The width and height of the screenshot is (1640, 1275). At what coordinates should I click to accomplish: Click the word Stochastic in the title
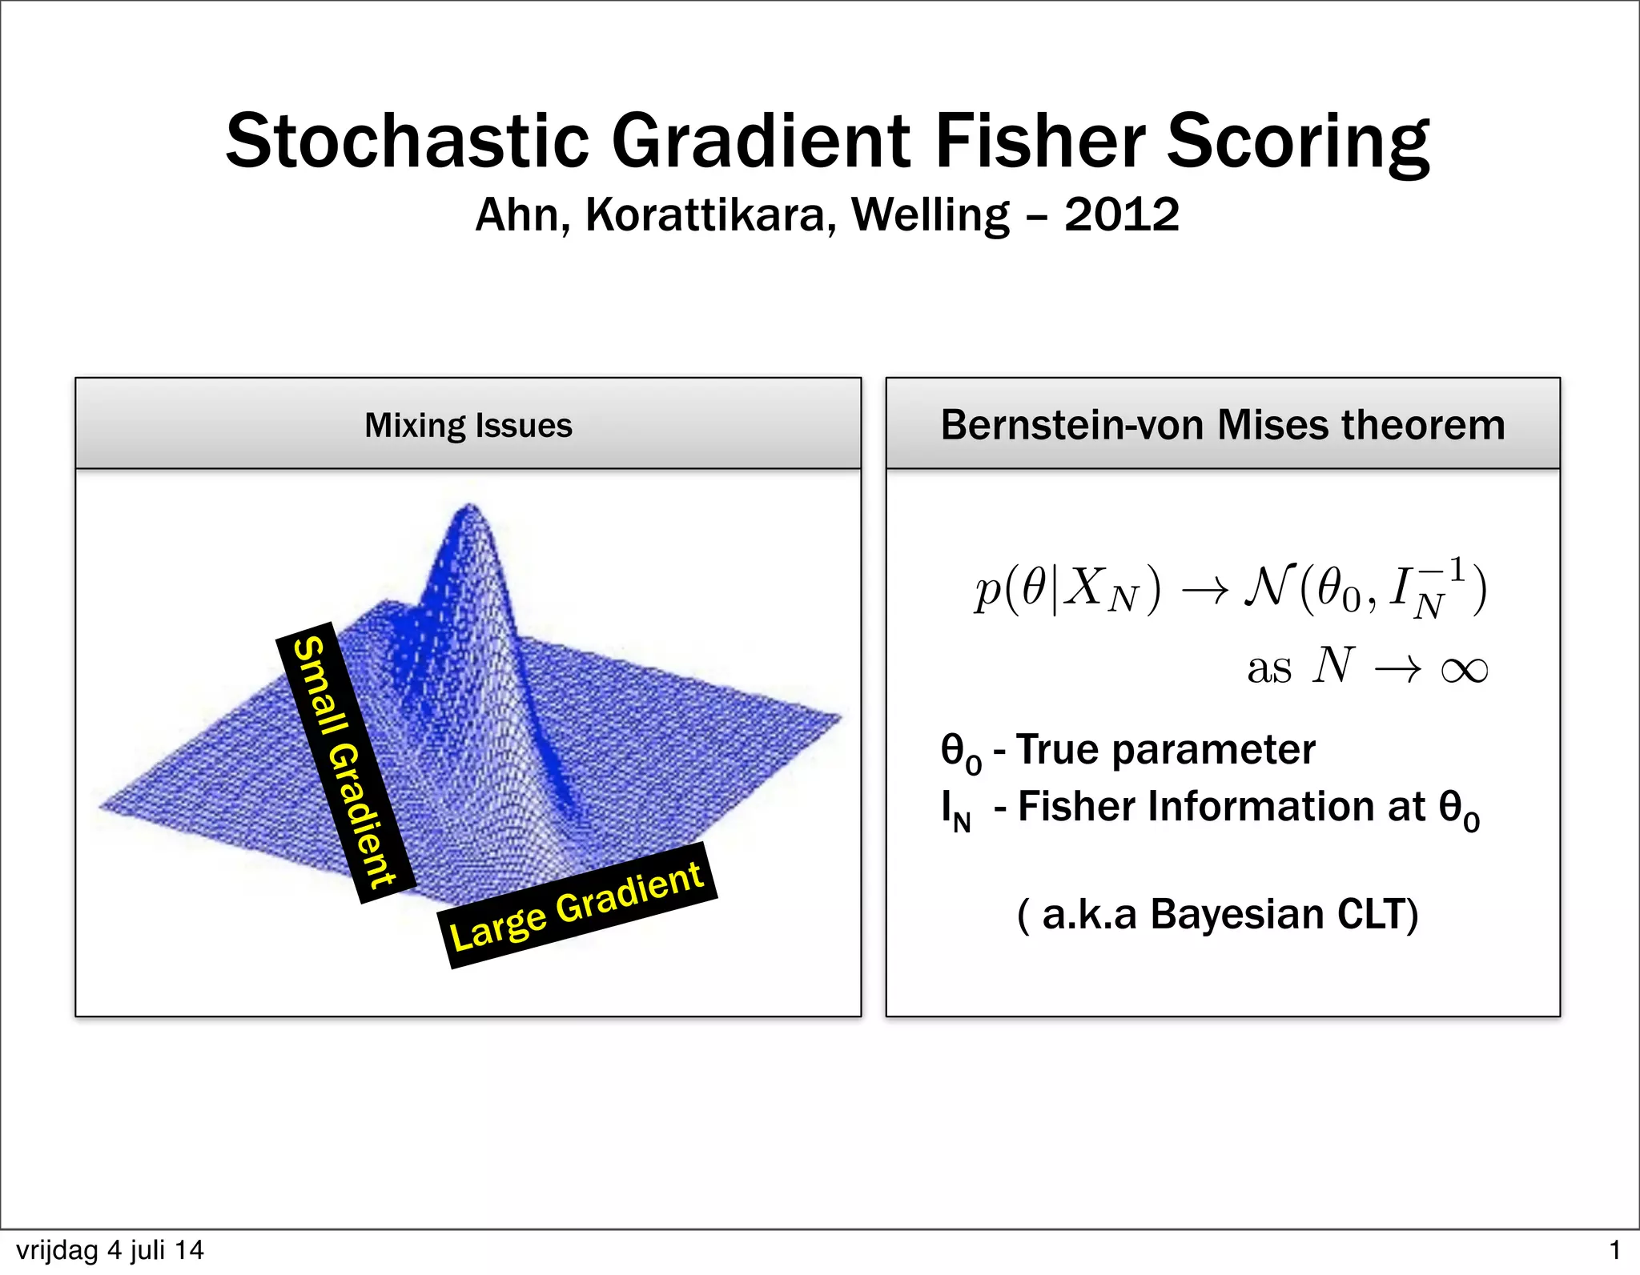tap(408, 141)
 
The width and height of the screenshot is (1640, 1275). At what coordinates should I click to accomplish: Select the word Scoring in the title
tap(1297, 141)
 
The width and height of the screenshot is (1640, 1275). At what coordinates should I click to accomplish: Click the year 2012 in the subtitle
tap(1121, 215)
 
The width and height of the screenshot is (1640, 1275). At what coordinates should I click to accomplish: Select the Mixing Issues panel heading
tap(468, 425)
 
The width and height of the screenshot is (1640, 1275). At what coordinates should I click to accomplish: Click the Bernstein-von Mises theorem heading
tap(1223, 425)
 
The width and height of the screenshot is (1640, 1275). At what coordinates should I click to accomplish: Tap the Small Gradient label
tap(344, 762)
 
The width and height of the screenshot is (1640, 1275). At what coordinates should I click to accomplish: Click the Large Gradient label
tap(577, 906)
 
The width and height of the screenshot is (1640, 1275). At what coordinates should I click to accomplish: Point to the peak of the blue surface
tap(469, 509)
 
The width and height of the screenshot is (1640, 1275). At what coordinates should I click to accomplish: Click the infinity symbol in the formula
tap(1464, 668)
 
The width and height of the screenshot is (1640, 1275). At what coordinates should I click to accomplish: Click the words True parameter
tap(1165, 750)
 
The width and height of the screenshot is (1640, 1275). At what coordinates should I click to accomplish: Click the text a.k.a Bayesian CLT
tap(1217, 914)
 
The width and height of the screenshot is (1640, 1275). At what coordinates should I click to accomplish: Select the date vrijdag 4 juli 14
tap(110, 1250)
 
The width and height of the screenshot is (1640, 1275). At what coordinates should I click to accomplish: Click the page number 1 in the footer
tap(1614, 1250)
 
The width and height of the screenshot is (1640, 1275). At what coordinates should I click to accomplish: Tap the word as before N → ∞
tap(1269, 668)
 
